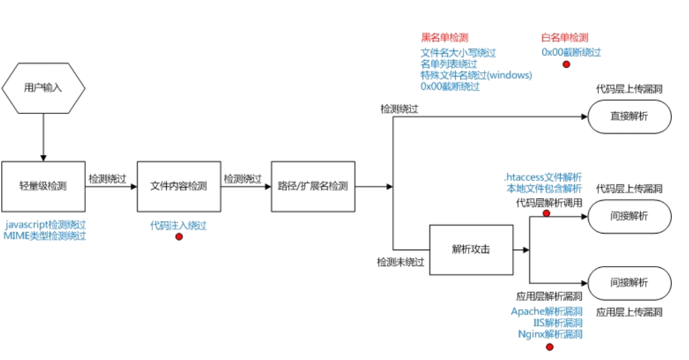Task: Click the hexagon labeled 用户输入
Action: [x=43, y=88]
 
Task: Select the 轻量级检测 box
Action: [x=43, y=186]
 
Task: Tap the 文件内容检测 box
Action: [x=178, y=186]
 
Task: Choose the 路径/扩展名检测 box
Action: [x=313, y=186]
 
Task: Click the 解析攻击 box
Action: [x=471, y=250]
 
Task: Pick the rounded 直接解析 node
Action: [x=629, y=117]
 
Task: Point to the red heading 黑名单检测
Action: [x=444, y=38]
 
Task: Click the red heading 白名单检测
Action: [x=565, y=38]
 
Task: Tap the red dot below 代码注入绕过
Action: [x=179, y=236]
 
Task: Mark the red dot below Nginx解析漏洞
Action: [x=550, y=347]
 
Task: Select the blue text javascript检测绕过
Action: [x=44, y=225]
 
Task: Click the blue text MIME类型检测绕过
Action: [x=44, y=236]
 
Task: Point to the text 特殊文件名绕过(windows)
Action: [x=476, y=75]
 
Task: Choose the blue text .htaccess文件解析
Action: [x=542, y=176]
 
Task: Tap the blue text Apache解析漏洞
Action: [x=546, y=312]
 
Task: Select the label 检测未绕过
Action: [x=400, y=262]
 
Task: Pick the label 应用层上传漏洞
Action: [x=629, y=312]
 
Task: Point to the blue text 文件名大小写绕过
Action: [x=458, y=53]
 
